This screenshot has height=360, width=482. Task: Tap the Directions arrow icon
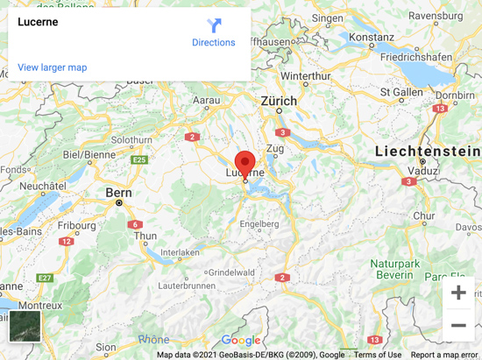[214, 25]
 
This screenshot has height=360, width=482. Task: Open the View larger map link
[53, 67]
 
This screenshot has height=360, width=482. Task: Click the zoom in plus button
[457, 293]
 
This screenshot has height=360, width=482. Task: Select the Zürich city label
[279, 102]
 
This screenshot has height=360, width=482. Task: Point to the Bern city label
[117, 192]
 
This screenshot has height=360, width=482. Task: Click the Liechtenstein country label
[427, 152]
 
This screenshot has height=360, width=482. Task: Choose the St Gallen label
[401, 91]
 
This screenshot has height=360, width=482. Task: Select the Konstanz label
[372, 38]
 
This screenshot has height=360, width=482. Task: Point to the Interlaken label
[181, 253]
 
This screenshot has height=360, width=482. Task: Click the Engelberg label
[259, 223]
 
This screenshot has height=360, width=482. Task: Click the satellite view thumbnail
[25, 325]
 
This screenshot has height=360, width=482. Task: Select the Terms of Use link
[378, 355]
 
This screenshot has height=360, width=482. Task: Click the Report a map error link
[445, 355]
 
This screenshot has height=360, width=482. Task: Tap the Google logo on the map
[240, 341]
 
